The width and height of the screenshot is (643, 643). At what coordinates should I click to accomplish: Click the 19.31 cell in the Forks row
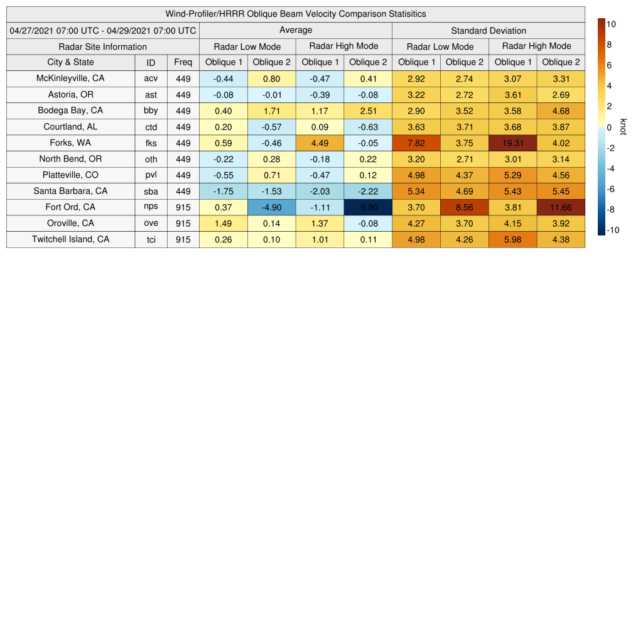513,143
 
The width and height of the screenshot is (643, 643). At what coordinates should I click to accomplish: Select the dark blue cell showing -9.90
368,207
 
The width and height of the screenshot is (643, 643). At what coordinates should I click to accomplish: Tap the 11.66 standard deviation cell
561,207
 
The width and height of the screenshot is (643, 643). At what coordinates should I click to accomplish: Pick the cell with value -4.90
271,207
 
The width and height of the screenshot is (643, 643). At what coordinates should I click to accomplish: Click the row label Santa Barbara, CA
70,191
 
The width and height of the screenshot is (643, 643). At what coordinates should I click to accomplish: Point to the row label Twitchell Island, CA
70,239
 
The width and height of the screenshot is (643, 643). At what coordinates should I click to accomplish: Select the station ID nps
151,207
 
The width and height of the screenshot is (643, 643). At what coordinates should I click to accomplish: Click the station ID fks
151,143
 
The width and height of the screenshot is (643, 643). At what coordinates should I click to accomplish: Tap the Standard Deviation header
489,31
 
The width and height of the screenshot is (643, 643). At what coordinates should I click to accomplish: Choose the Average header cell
296,30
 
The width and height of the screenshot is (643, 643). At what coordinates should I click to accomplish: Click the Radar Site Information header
102,46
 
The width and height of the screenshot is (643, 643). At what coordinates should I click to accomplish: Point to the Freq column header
183,62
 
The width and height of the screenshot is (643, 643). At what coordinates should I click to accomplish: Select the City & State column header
70,62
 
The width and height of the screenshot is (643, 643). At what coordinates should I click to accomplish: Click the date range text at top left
103,31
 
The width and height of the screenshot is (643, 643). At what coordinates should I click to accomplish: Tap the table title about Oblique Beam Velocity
296,14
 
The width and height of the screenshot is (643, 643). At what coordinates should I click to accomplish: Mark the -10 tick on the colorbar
613,230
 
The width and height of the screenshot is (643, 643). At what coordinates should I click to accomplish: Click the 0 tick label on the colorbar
609,127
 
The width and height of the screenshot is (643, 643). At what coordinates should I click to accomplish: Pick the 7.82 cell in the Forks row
416,143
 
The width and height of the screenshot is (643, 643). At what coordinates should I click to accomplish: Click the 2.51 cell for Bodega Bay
368,111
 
